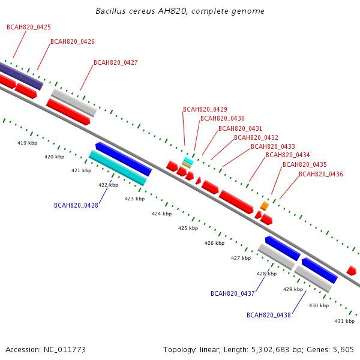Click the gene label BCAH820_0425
[x=29, y=27]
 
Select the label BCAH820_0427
[x=116, y=62]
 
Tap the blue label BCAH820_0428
[x=76, y=205]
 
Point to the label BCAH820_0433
[x=273, y=146]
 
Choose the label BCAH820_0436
[x=321, y=174]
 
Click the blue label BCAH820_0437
[x=233, y=293]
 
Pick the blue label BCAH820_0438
[x=269, y=315]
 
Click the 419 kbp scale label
[x=28, y=143]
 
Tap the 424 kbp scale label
[x=161, y=214]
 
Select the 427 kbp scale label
[x=241, y=258]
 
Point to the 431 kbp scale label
[x=344, y=321]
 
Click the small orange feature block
[x=265, y=206]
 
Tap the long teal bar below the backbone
[x=118, y=168]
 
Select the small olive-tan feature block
[x=187, y=164]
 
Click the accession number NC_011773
[x=65, y=350]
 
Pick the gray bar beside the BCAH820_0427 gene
[x=74, y=103]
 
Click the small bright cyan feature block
[x=189, y=161]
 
